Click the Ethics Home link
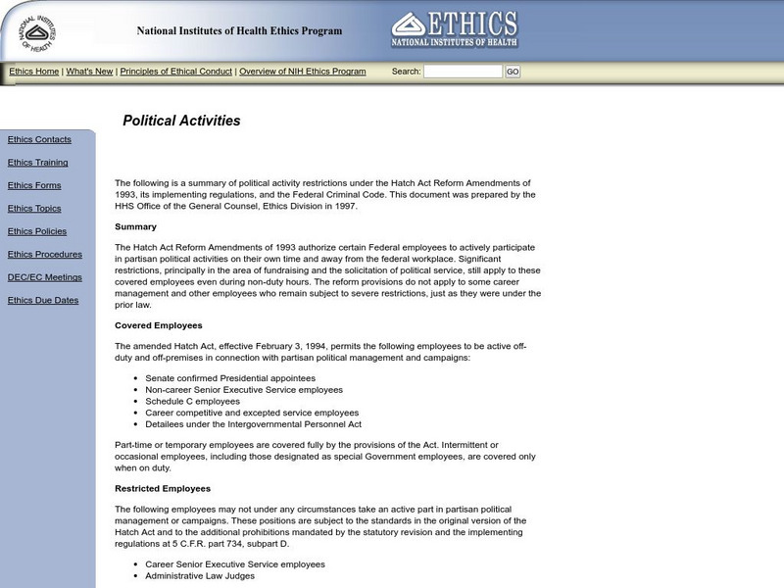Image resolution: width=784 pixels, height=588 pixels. [x=34, y=72]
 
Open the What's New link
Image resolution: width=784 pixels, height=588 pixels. [x=89, y=72]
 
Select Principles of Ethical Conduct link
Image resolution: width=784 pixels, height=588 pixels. [x=176, y=72]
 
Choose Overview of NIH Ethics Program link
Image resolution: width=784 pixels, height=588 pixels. [x=303, y=72]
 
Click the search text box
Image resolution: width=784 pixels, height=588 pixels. [x=463, y=72]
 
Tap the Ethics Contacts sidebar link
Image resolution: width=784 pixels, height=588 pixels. [x=39, y=140]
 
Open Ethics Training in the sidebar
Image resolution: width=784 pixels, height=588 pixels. [x=37, y=163]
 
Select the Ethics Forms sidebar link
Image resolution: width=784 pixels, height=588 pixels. [x=34, y=185]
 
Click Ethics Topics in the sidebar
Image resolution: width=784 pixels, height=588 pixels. [x=34, y=209]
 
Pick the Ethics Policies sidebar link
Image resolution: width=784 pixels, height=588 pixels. [x=37, y=231]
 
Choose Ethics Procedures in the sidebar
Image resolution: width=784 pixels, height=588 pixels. [x=43, y=255]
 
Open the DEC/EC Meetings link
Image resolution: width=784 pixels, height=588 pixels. [x=45, y=277]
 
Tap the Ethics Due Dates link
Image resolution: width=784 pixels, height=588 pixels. [x=43, y=301]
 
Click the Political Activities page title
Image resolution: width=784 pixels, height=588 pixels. [x=181, y=122]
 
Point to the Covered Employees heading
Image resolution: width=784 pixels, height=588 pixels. [x=158, y=325]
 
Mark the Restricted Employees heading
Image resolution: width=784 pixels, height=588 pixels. [x=163, y=488]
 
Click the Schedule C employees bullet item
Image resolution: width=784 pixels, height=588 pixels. [x=192, y=401]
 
